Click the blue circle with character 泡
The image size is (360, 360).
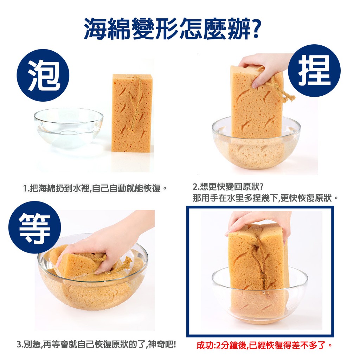tap(43, 75)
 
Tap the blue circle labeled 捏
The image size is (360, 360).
tap(314, 70)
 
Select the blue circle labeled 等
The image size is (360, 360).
tap(35, 227)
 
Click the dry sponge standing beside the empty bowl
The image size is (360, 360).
tap(132, 112)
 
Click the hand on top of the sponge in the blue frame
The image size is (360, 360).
tap(258, 224)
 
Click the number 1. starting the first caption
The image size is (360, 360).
tap(26, 189)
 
